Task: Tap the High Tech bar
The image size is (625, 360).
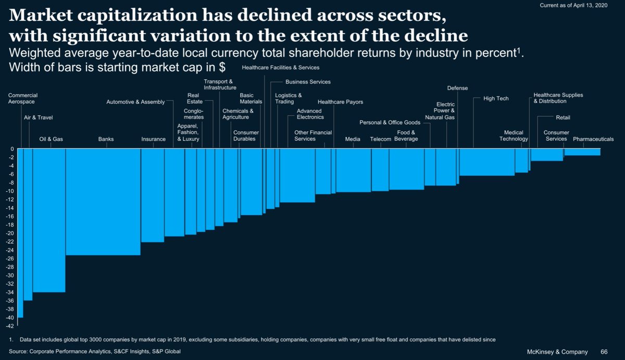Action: [x=487, y=162]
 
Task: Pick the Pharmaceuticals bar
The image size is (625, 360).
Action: [x=582, y=152]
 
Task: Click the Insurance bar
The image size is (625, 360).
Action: [x=153, y=195]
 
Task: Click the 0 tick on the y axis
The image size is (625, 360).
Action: [x=12, y=149]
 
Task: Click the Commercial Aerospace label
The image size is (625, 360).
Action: [x=22, y=99]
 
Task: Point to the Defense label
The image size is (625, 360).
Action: [x=457, y=88]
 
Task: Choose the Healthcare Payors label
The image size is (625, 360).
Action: [x=340, y=102]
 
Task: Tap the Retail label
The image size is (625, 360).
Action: [x=563, y=118]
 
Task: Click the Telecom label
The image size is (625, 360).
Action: [x=380, y=139]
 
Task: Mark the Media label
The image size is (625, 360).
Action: [x=353, y=139]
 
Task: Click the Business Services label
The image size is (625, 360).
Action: [x=308, y=82]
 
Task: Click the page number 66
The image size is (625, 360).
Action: [x=604, y=352]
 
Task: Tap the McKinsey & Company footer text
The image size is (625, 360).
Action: [x=559, y=352]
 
